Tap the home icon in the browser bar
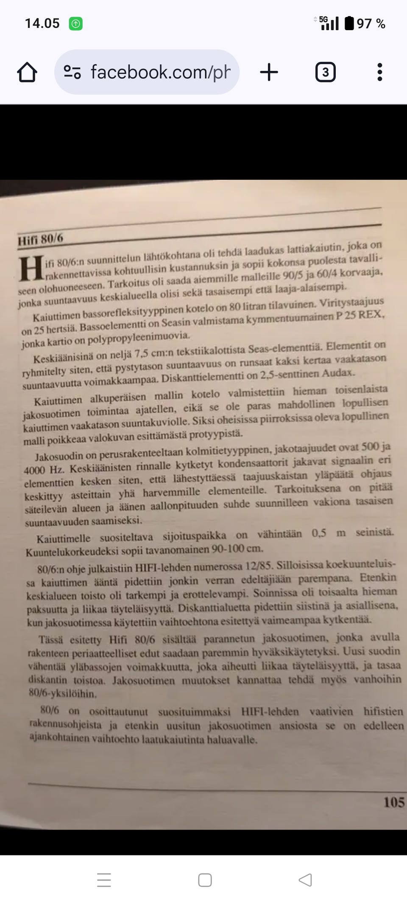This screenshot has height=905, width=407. click(27, 72)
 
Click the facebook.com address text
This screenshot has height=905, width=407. click(160, 72)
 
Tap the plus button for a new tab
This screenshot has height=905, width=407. click(269, 72)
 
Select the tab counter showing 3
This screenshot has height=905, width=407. click(325, 72)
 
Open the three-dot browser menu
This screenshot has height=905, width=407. click(379, 72)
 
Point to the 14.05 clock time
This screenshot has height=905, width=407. click(42, 23)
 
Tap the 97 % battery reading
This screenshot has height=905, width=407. click(371, 24)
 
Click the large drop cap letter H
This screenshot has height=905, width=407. click(31, 269)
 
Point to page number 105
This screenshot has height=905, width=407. click(393, 802)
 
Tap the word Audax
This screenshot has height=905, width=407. click(338, 373)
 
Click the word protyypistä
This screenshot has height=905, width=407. click(216, 434)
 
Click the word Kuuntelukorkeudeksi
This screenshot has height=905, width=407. click(79, 552)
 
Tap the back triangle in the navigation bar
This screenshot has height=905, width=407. click(305, 880)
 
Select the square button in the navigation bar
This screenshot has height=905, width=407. click(205, 880)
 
